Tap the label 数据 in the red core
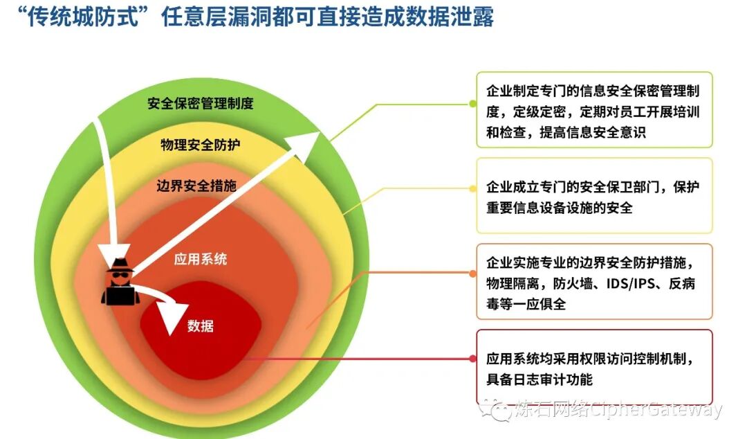point(201,325)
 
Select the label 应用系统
point(201,260)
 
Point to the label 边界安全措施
point(196,186)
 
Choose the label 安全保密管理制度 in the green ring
point(201,104)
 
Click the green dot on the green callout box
point(473,103)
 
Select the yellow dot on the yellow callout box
point(473,188)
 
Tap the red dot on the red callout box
point(473,359)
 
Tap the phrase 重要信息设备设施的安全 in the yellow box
point(560,207)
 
